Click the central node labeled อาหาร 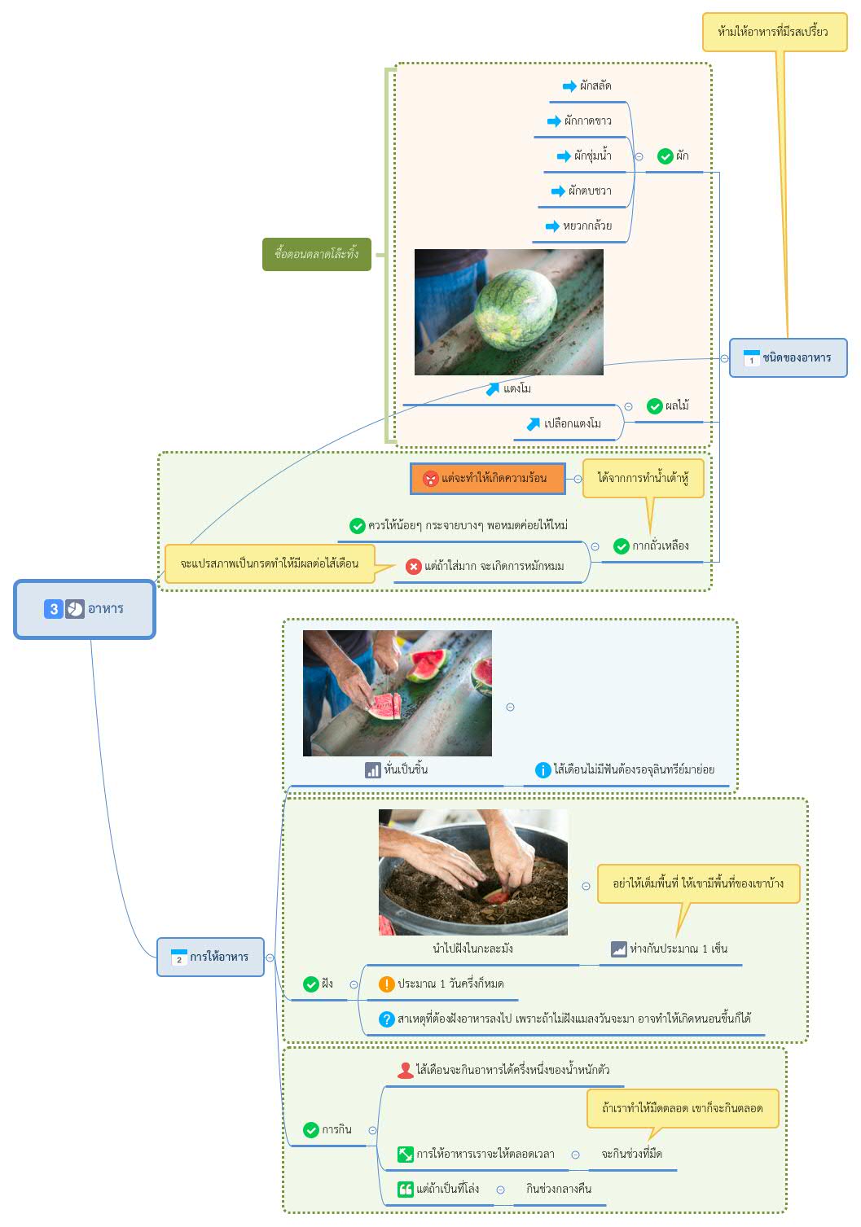coord(85,609)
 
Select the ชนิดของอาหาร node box coord(788,357)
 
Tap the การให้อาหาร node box coord(210,957)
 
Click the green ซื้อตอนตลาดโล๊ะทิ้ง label coord(317,254)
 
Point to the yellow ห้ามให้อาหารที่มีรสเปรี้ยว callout coord(775,33)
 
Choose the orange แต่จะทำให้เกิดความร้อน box coord(488,478)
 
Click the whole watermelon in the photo coord(515,309)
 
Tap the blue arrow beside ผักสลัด coord(569,86)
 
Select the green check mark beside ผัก coord(665,156)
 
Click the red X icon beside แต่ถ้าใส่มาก coord(413,567)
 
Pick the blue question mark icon coord(386,1019)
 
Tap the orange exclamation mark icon coord(386,984)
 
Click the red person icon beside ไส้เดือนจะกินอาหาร coord(405,1070)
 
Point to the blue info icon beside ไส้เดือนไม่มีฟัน coord(543,769)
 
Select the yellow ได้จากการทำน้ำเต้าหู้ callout coord(643,478)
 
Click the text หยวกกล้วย coord(587,226)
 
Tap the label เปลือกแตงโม coord(572,423)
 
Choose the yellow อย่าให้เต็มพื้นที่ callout coord(698,883)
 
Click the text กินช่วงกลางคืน coord(559,1188)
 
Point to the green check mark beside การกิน coord(310,1129)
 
